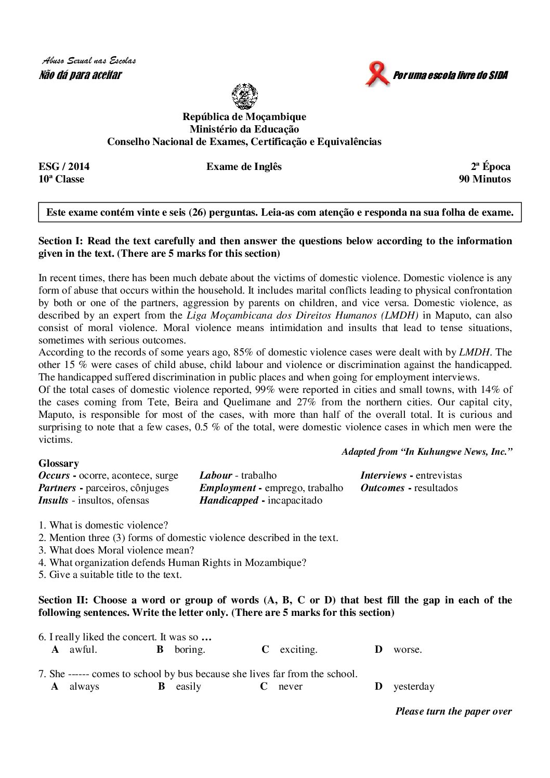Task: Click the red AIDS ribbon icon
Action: pyautogui.click(x=377, y=74)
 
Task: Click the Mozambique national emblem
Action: pyautogui.click(x=244, y=96)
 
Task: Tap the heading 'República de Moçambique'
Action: pyautogui.click(x=244, y=117)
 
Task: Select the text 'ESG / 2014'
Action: pyautogui.click(x=64, y=167)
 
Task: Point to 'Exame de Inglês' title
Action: pyautogui.click(x=244, y=167)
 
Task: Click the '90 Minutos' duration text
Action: pyautogui.click(x=484, y=179)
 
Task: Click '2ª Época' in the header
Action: pyautogui.click(x=490, y=167)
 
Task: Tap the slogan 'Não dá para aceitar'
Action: pyautogui.click(x=80, y=75)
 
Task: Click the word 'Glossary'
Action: pyautogui.click(x=59, y=464)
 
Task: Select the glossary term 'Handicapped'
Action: pyautogui.click(x=229, y=500)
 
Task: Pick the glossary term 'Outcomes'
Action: pyautogui.click(x=382, y=488)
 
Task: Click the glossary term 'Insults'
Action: pyautogui.click(x=53, y=500)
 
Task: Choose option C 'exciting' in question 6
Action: pyautogui.click(x=298, y=650)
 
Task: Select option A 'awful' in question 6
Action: pyautogui.click(x=83, y=650)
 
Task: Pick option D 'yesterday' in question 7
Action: pyautogui.click(x=413, y=687)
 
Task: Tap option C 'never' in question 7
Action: pyautogui.click(x=290, y=687)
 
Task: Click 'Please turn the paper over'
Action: pyautogui.click(x=453, y=711)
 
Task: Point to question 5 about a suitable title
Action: pyautogui.click(x=110, y=575)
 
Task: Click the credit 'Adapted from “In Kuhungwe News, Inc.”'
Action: pyautogui.click(x=427, y=452)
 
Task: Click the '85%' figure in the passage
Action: pyautogui.click(x=243, y=352)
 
